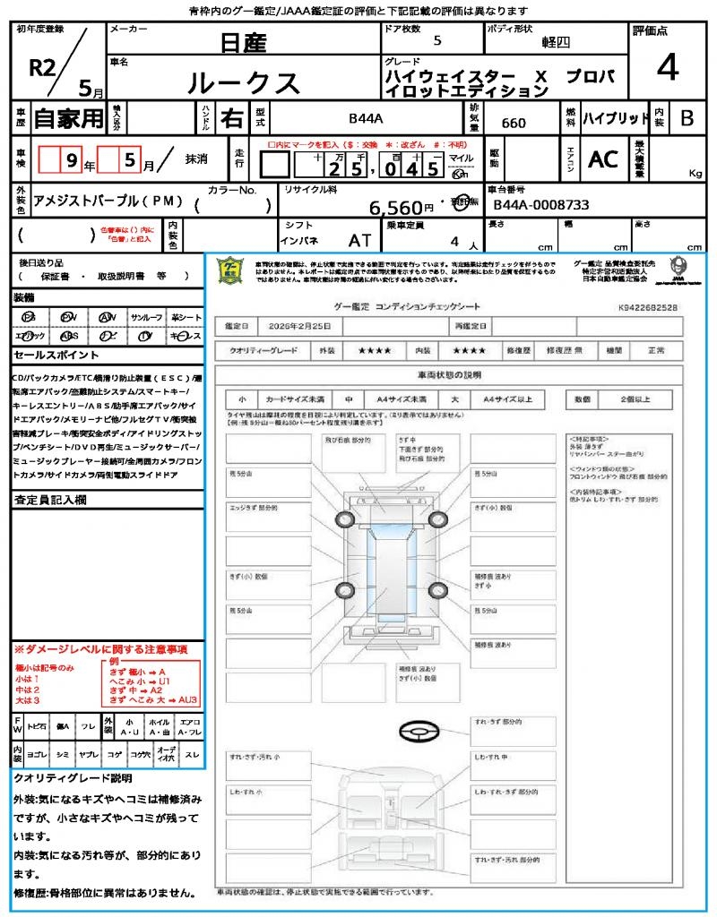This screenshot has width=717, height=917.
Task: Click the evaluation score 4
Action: pos(667,68)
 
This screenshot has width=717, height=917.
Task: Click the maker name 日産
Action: pos(244,42)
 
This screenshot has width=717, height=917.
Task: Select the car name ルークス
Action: pos(244,82)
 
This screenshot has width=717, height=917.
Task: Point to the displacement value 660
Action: pos(514,124)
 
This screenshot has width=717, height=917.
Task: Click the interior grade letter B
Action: pos(687,118)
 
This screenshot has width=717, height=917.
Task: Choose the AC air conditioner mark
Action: pos(603,159)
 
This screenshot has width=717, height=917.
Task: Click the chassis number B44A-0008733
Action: pos(541,205)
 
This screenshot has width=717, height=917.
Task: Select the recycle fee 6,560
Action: pos(395,208)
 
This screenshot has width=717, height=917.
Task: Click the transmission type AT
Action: pos(359,241)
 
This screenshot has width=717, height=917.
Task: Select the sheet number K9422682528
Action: pos(647,307)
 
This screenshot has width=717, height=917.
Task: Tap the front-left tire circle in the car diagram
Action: pos(346,519)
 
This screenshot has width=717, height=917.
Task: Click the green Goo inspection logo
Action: pos(230,270)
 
